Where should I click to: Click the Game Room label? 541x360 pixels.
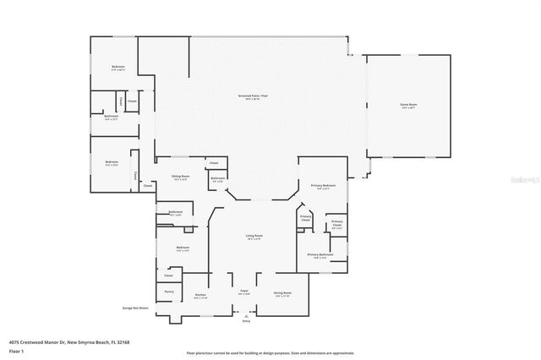tap(408, 106)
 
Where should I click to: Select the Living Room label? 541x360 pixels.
tap(254, 236)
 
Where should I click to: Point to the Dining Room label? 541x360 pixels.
tap(281, 293)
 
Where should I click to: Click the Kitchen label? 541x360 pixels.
tap(199, 295)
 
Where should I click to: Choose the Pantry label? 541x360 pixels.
tap(168, 291)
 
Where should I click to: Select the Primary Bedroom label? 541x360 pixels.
tap(322, 185)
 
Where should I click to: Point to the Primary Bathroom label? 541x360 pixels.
tap(320, 254)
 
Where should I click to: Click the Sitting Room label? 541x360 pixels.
tap(181, 177)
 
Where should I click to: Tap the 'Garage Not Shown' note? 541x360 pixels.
tap(134, 308)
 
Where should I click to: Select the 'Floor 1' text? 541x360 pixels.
tap(16, 350)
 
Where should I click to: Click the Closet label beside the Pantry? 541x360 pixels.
tap(168, 275)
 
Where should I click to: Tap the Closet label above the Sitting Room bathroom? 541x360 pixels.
tap(214, 162)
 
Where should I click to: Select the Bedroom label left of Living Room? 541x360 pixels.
tap(182, 248)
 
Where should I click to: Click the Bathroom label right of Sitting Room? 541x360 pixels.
tap(217, 178)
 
